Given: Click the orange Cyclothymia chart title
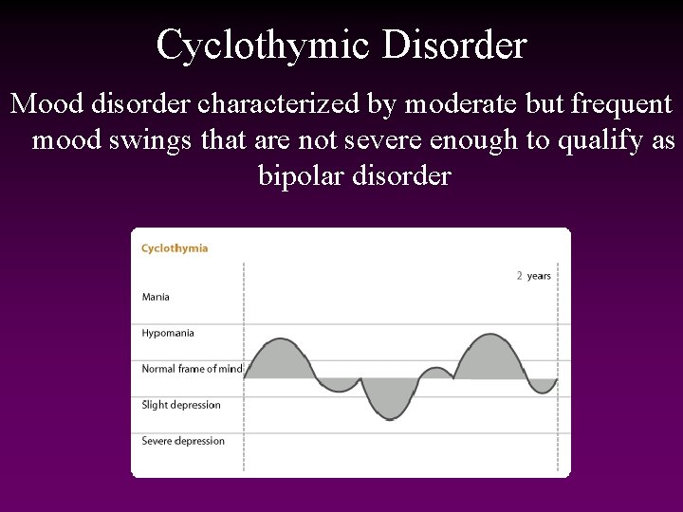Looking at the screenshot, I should [175, 248].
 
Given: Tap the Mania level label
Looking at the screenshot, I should [156, 297].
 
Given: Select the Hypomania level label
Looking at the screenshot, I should [168, 333].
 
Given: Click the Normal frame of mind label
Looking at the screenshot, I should [192, 369].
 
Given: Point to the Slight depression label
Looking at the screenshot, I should [181, 405].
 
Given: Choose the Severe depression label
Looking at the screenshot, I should [183, 441].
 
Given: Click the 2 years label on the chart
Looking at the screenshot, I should [534, 276].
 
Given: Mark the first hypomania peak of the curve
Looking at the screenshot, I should [278, 339].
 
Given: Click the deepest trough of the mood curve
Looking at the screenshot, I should [389, 417].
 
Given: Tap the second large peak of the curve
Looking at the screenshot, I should [489, 336].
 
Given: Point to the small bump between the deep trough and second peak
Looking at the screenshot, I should [436, 370].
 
